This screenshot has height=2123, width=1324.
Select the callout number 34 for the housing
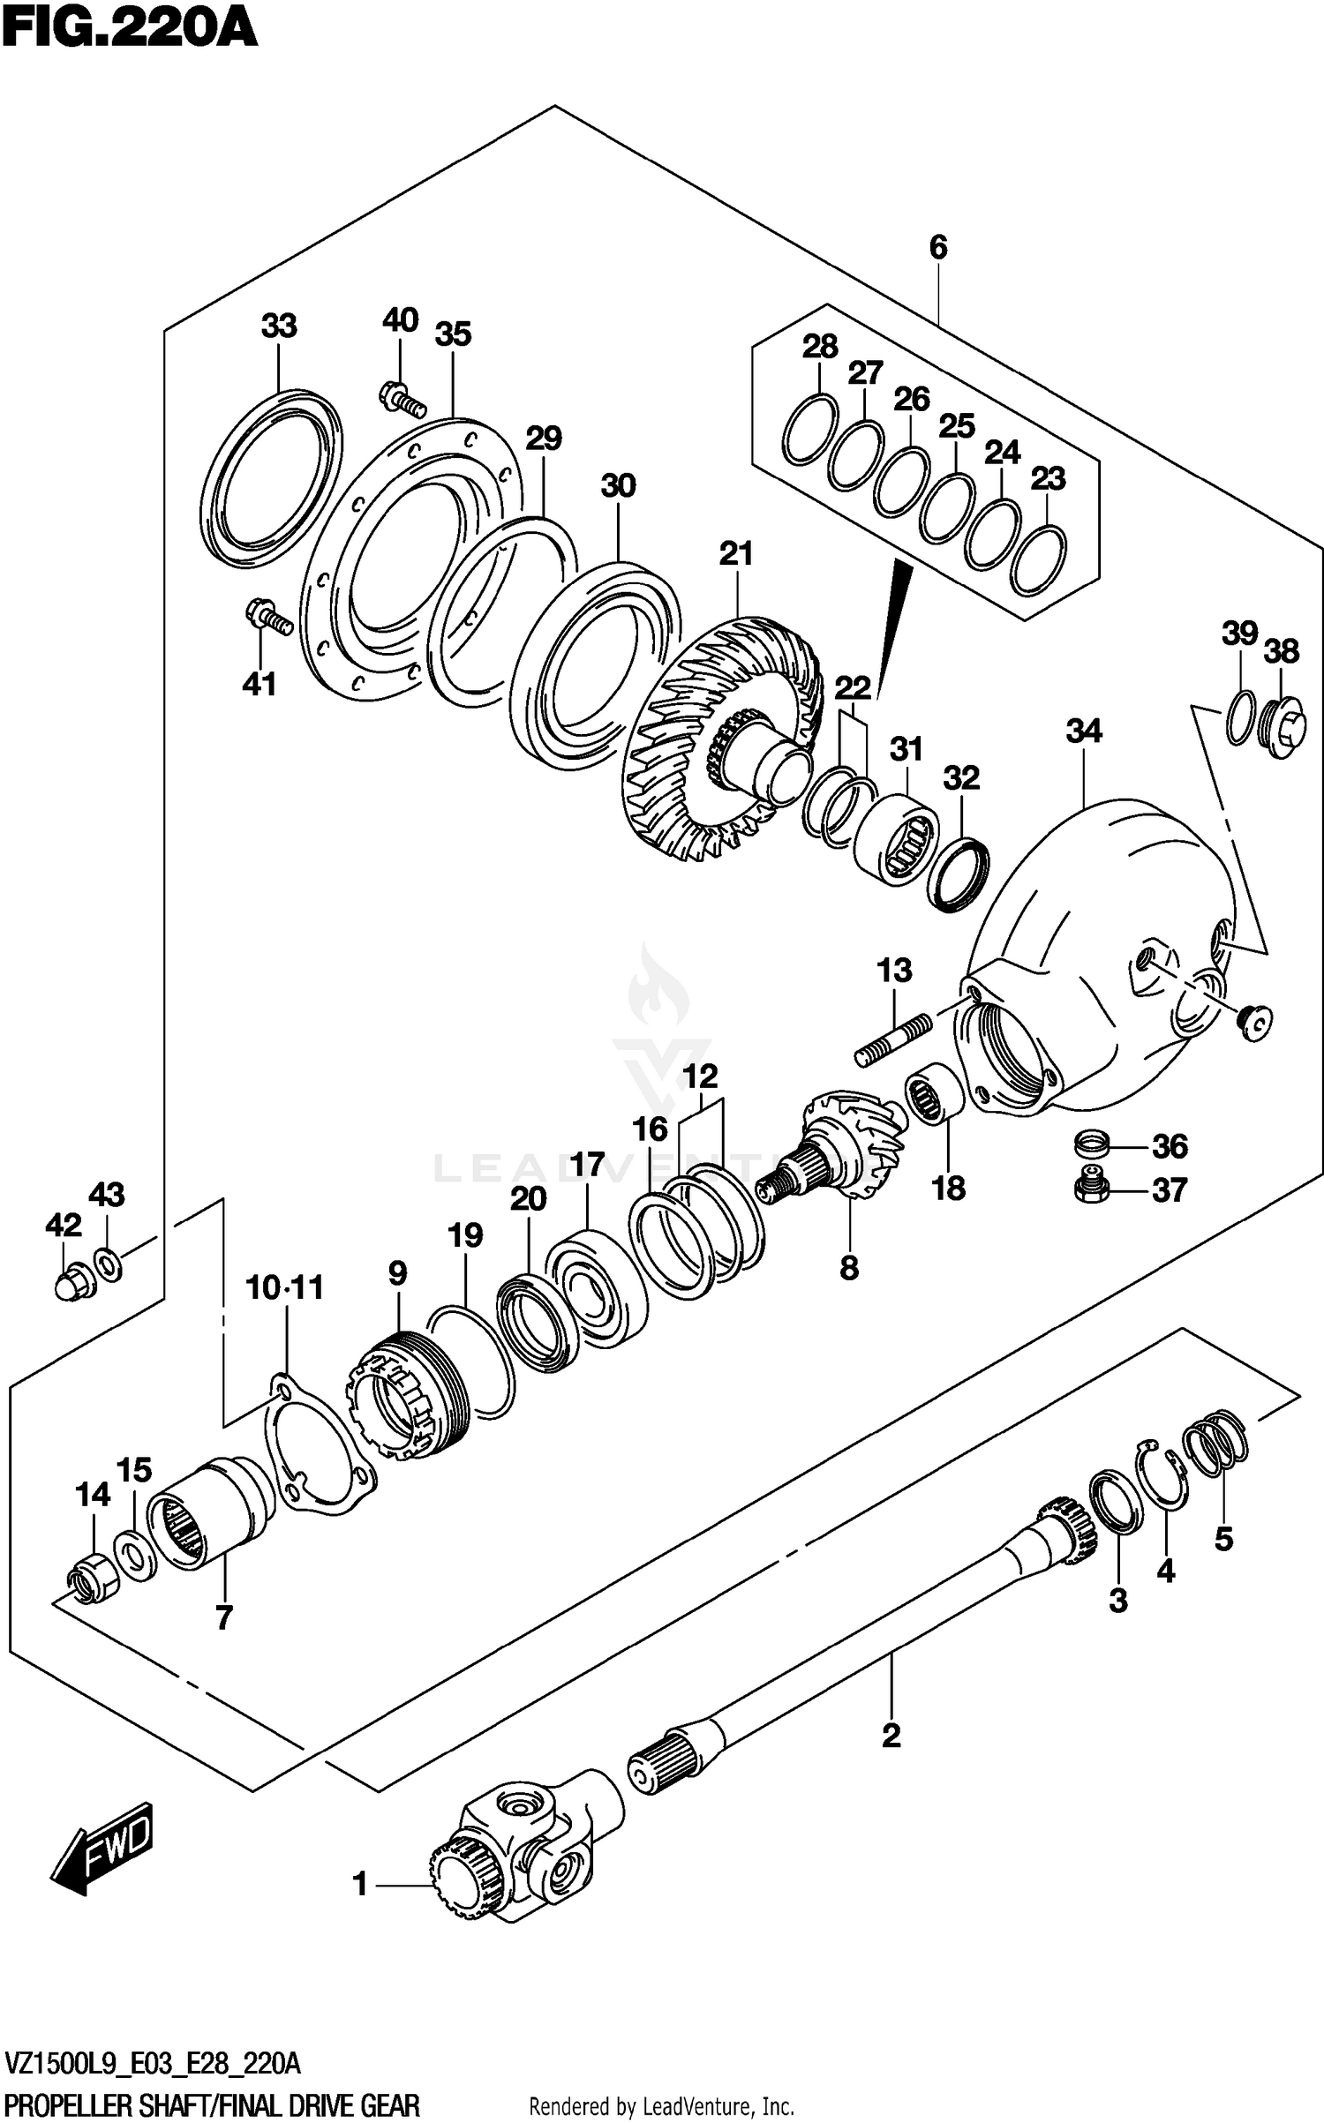1083,731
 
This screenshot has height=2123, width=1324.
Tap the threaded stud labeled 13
892,1040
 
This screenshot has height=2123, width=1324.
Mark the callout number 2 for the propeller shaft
891,1735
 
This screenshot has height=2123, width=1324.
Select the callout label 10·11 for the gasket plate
284,1287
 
